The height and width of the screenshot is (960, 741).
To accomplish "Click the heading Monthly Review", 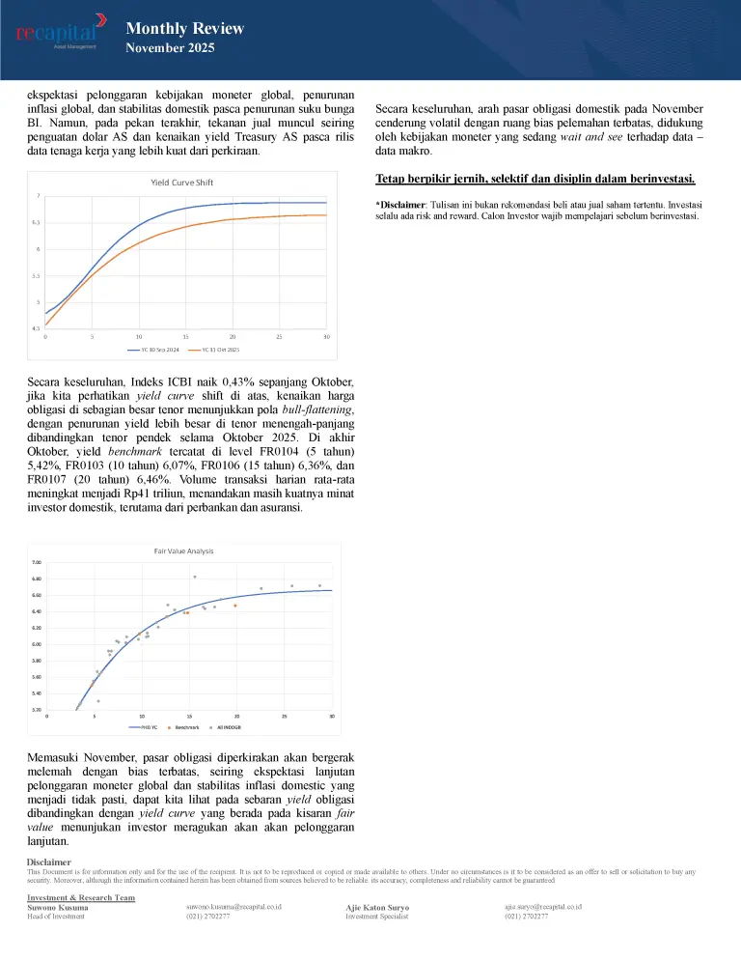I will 184,29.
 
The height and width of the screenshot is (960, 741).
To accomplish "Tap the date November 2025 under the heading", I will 170,48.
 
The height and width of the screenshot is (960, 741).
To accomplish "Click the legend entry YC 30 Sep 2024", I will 154,350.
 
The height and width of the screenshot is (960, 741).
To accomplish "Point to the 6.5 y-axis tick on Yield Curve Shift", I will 39,222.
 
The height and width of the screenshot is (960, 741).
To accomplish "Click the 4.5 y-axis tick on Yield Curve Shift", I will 39,329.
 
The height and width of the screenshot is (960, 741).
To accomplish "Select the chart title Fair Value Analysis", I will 183,551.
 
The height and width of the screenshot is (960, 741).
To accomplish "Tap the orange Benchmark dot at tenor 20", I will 234,606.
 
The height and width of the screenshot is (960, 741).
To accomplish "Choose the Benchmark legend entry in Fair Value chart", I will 186,726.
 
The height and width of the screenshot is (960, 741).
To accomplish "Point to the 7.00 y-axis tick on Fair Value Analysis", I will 36,562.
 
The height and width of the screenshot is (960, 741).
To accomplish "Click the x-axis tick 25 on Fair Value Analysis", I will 285,717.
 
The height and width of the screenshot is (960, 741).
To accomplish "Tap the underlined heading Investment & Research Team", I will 81,897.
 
